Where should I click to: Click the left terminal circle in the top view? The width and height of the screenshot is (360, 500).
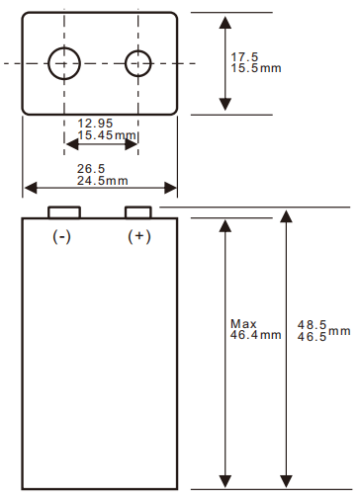click(65, 62)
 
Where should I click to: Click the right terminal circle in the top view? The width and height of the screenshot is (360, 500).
click(137, 62)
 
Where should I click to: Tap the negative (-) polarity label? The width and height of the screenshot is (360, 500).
click(62, 237)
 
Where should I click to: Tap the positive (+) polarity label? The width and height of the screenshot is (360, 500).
click(139, 237)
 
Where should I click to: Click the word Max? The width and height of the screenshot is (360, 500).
click(242, 324)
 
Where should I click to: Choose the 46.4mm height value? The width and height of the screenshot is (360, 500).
click(255, 335)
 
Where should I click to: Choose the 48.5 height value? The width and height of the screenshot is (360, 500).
click(313, 324)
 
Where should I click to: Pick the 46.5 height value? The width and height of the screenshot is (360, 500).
click(313, 337)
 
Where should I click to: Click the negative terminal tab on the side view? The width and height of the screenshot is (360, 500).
click(65, 212)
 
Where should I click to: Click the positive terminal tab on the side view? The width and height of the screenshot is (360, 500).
click(137, 212)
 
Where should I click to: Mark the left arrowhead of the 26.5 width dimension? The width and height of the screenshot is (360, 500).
click(28, 188)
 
